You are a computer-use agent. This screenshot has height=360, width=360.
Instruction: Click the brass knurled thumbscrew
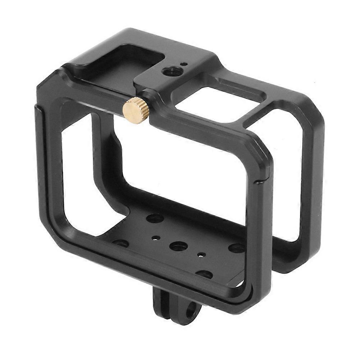tap(136, 110)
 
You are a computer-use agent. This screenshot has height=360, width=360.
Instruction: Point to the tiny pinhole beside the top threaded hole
tap(184, 64)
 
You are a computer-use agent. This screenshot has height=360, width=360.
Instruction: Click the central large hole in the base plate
tap(179, 246)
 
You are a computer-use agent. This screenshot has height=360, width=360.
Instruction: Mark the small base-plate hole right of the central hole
tap(202, 255)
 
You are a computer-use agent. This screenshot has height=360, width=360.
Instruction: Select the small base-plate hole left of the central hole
tap(156, 238)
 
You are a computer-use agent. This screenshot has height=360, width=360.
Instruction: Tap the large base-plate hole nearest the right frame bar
tap(237, 247)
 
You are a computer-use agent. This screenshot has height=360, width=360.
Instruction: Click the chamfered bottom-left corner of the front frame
tap(54, 234)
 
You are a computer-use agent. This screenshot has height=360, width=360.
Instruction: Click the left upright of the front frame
tap(48, 162)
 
